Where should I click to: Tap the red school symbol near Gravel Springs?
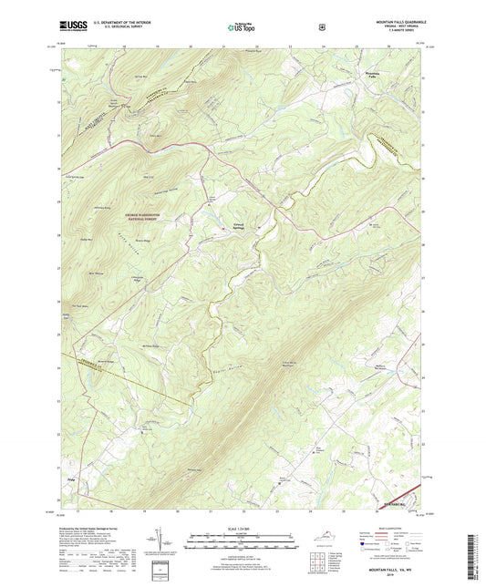tap(259, 226)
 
